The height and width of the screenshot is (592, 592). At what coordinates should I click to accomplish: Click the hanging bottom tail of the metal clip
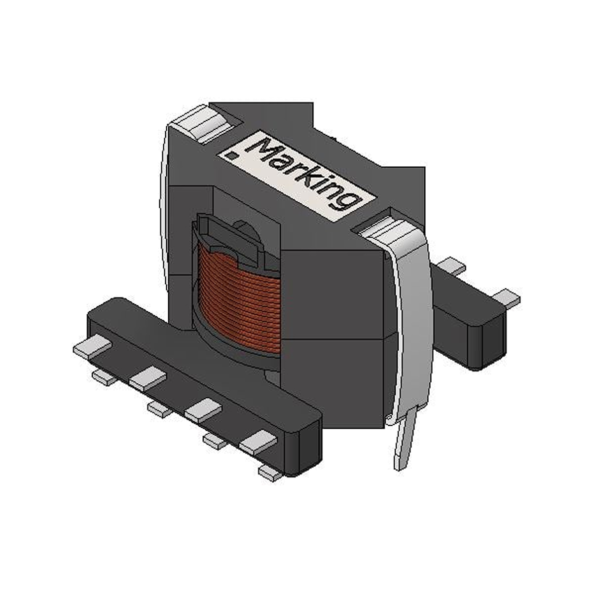point(405,444)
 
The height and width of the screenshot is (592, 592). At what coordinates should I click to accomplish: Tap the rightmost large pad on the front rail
point(259,442)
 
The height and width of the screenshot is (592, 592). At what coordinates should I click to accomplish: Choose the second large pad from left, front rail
point(148,379)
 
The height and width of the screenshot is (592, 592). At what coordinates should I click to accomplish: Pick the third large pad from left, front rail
point(203,409)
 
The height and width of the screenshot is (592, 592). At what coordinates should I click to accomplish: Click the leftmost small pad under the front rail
point(104,378)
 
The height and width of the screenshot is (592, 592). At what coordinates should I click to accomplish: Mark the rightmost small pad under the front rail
point(270,473)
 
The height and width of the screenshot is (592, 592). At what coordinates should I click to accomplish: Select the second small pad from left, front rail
point(159,407)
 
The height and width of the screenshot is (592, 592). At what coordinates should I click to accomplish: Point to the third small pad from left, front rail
point(215,440)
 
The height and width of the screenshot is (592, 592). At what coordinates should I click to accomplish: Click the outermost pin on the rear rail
point(506,298)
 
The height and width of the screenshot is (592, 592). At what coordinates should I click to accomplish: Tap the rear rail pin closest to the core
point(452,265)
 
